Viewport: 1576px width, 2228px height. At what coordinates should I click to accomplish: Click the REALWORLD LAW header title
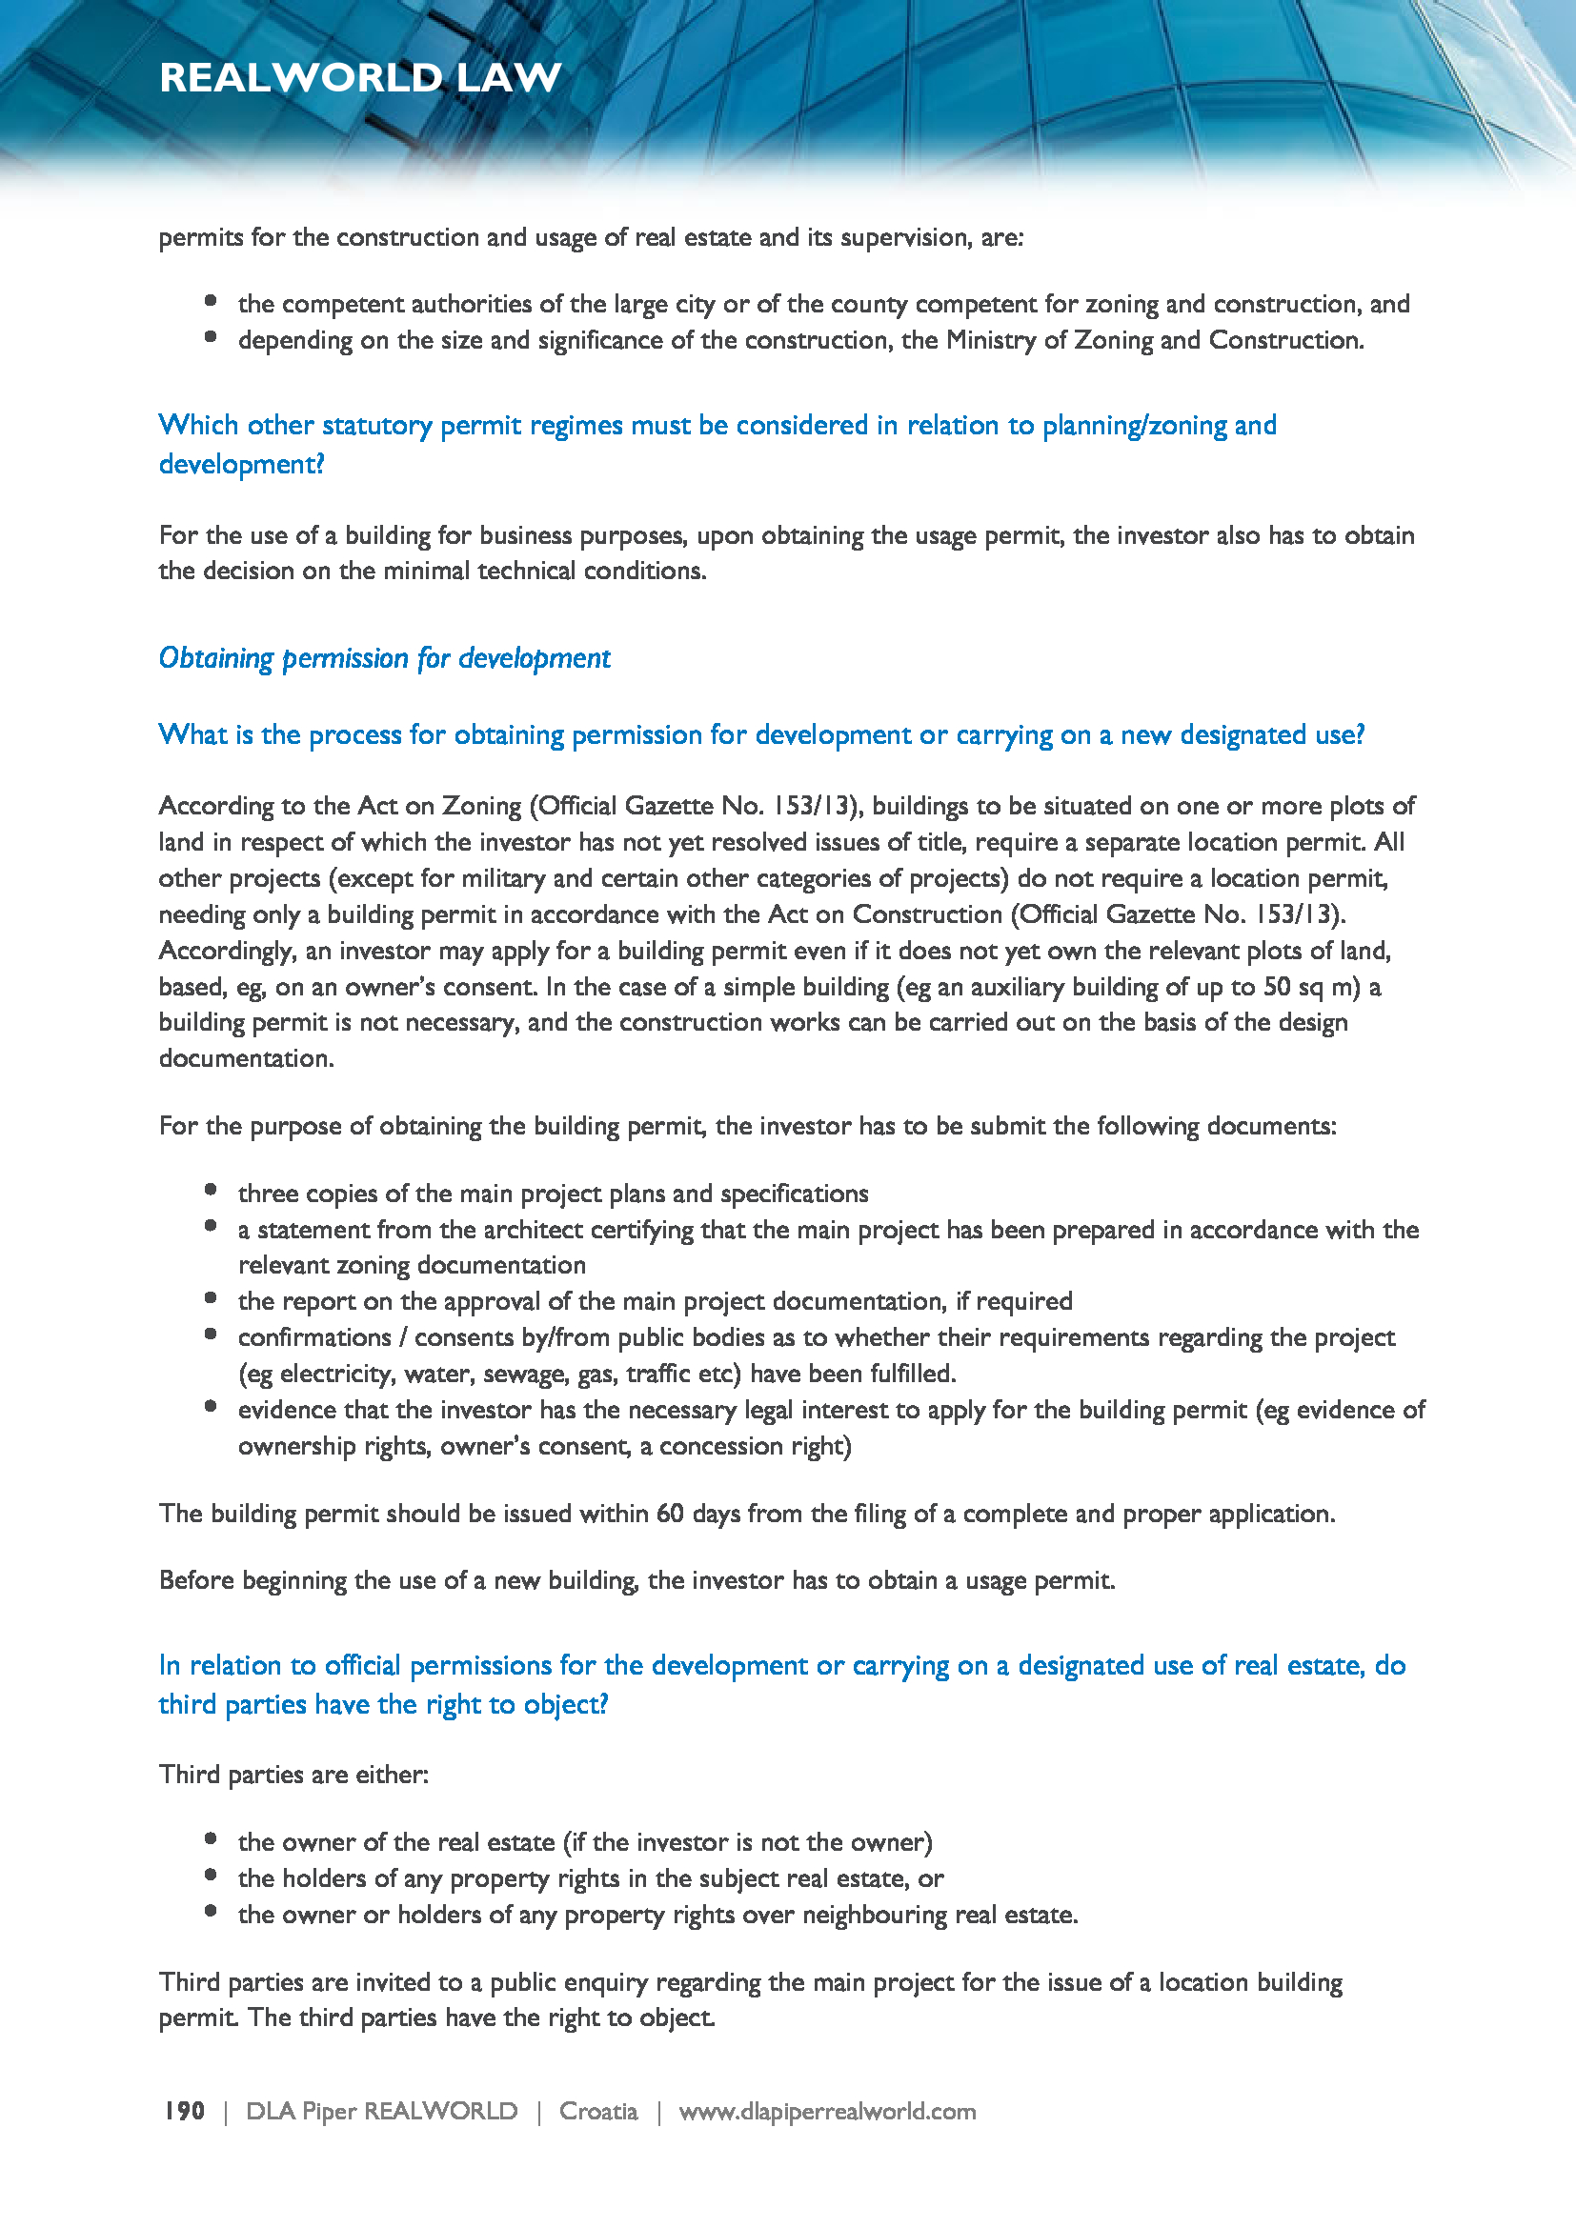pyautogui.click(x=360, y=77)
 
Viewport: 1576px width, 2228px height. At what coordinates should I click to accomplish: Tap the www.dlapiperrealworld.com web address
pyautogui.click(x=827, y=2111)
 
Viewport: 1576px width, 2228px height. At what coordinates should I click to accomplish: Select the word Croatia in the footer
pyautogui.click(x=597, y=2111)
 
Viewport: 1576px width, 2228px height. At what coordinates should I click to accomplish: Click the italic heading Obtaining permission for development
pyautogui.click(x=384, y=658)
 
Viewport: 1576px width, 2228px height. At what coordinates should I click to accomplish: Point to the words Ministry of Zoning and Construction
pyautogui.click(x=1154, y=340)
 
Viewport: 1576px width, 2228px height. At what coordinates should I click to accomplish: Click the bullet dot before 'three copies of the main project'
pyautogui.click(x=211, y=1190)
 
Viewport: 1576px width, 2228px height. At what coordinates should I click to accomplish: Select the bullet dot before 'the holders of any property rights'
pyautogui.click(x=211, y=1875)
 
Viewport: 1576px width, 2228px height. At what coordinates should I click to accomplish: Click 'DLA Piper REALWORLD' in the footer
pyautogui.click(x=381, y=2111)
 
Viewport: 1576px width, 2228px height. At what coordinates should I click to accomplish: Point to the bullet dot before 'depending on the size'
pyautogui.click(x=211, y=336)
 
